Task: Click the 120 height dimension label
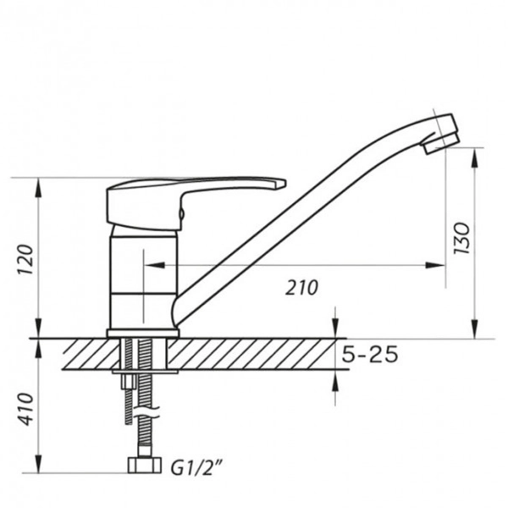(25, 260)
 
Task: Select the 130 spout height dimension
(461, 238)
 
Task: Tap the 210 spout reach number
(302, 288)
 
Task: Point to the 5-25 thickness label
(370, 354)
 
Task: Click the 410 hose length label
(25, 409)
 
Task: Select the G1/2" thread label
(196, 467)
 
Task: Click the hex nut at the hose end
(145, 465)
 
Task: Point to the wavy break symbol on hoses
(147, 411)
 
